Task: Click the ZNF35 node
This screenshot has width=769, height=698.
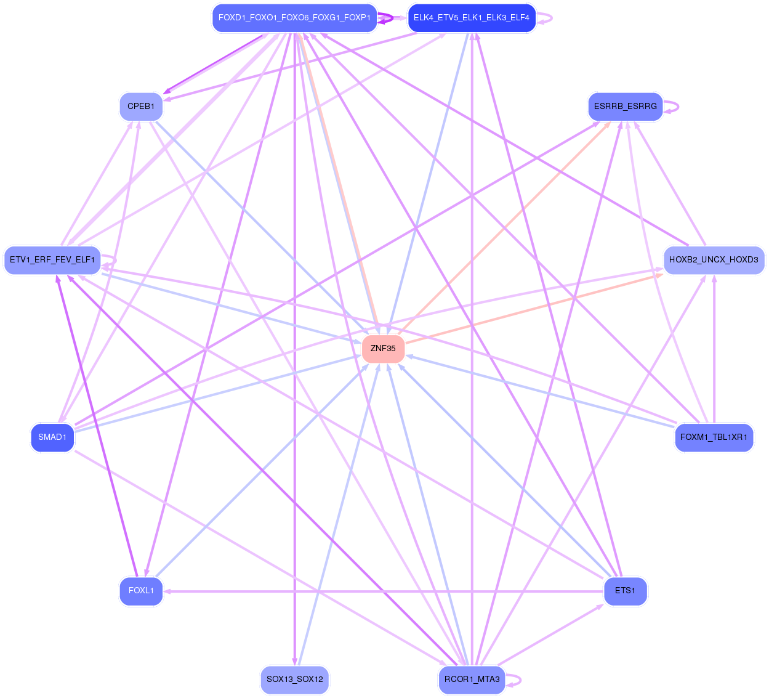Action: [x=383, y=349]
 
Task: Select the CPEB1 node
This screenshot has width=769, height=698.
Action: [x=141, y=107]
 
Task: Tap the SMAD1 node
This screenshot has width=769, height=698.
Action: [x=52, y=437]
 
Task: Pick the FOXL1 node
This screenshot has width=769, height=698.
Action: [x=141, y=591]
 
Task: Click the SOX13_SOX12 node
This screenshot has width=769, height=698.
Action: [x=294, y=680]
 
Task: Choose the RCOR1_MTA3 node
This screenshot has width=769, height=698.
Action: [x=472, y=680]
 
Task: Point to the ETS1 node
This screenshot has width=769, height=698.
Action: [x=625, y=591]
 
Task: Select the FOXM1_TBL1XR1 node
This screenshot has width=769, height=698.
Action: [x=714, y=437]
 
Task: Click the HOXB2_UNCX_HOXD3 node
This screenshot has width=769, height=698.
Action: [x=714, y=260]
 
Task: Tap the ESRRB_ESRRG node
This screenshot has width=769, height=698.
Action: [x=625, y=107]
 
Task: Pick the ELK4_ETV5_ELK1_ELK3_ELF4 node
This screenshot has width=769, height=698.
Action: [x=472, y=18]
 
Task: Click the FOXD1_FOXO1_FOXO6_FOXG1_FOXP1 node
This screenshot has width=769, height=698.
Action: [x=294, y=18]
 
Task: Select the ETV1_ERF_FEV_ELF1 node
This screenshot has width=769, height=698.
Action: [x=52, y=260]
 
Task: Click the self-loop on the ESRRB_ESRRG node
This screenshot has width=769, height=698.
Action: [x=677, y=107]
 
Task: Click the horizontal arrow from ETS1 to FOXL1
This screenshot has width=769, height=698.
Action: [x=382, y=591]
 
